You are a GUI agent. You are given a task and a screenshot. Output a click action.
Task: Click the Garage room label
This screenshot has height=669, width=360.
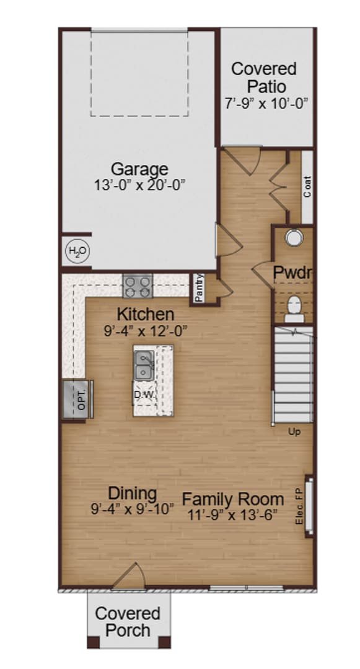139,168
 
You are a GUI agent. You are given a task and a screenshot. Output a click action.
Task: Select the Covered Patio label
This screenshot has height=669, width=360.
264,77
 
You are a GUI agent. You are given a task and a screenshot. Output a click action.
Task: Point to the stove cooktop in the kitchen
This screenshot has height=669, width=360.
138,286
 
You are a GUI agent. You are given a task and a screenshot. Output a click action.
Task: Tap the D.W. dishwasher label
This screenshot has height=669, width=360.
144,395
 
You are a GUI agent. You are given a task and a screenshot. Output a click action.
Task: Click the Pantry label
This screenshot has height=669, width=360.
199,288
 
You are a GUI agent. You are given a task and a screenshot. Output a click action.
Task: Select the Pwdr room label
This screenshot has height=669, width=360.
292,272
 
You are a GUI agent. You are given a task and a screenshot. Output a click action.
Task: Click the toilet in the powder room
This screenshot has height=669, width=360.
294,308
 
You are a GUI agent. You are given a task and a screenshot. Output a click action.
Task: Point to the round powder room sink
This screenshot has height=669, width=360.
291,237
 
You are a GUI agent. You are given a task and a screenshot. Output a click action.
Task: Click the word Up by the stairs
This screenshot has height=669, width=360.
294,432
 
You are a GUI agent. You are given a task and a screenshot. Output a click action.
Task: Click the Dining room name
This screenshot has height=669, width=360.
133,494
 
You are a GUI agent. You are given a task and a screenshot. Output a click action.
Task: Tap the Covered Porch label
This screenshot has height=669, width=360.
128,622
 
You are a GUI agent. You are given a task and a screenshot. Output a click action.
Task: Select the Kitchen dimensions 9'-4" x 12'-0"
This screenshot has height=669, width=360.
146,331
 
